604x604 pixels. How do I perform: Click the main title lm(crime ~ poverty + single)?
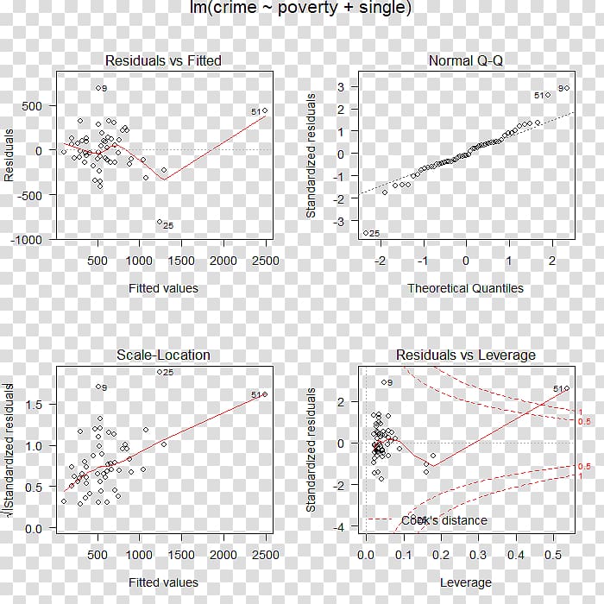pyautogui.click(x=301, y=9)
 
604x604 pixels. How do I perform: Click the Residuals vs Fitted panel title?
pyautogui.click(x=163, y=61)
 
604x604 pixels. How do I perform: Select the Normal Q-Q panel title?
pyautogui.click(x=466, y=61)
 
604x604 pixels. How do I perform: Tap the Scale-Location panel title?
pyautogui.click(x=163, y=355)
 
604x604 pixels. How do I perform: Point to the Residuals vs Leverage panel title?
pyautogui.click(x=466, y=355)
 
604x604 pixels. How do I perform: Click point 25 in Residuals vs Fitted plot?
pyautogui.click(x=160, y=223)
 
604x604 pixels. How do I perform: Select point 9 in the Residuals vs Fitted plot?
pyautogui.click(x=98, y=88)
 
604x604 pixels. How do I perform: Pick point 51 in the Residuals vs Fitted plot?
pyautogui.click(x=265, y=110)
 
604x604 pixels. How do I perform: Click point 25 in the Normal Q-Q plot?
pyautogui.click(x=366, y=232)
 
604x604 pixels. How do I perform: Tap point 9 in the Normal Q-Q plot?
pyautogui.click(x=567, y=87)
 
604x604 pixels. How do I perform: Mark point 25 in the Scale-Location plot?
pyautogui.click(x=159, y=372)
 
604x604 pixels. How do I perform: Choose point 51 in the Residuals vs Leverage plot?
pyautogui.click(x=567, y=388)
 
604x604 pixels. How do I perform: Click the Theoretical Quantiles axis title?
pyautogui.click(x=466, y=288)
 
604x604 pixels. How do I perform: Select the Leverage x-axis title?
pyautogui.click(x=466, y=582)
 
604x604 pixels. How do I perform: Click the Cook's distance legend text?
pyautogui.click(x=444, y=520)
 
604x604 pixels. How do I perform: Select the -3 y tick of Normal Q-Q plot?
pyautogui.click(x=342, y=222)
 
